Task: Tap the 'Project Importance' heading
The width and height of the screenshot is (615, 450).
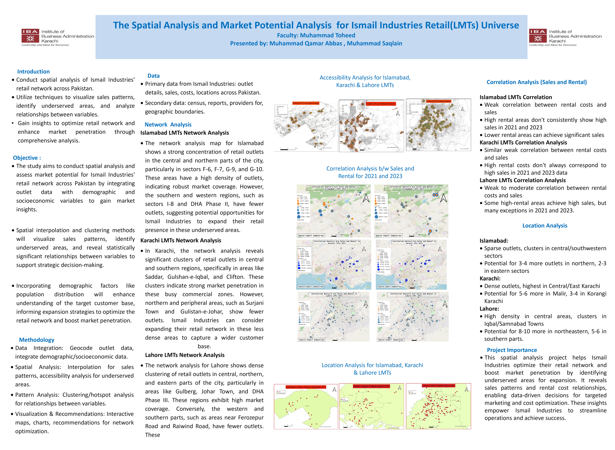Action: [512, 350]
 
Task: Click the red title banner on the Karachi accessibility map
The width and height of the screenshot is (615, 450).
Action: [381, 104]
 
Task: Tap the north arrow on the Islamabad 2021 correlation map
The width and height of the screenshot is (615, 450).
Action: [366, 198]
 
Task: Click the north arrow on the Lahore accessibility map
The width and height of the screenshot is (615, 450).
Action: [462, 109]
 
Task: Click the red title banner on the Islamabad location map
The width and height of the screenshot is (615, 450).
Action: [306, 387]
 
